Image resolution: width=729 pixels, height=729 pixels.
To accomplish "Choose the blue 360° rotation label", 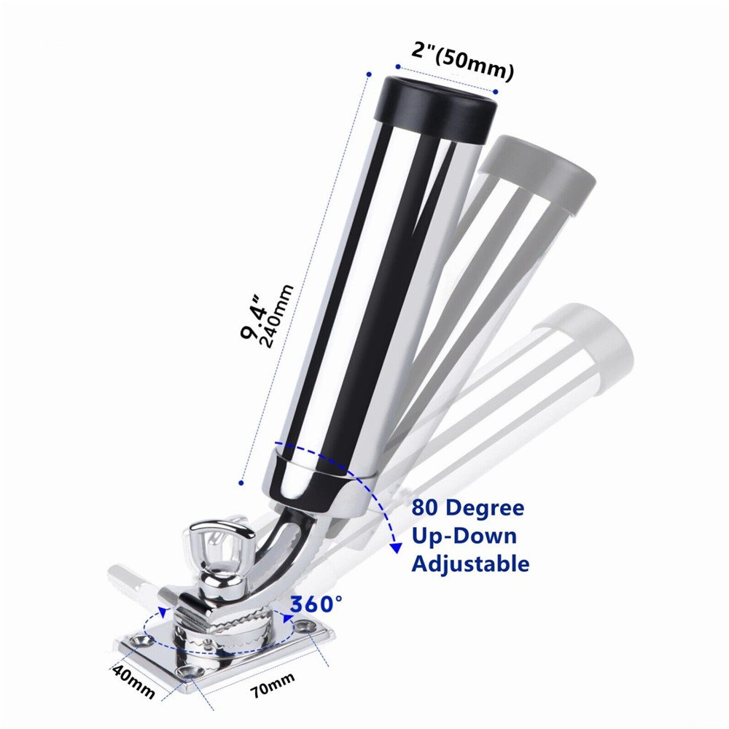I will [x=316, y=604].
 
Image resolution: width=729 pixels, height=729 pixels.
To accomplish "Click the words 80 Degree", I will [x=467, y=507].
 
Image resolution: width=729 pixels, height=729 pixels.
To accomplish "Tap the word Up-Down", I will [x=464, y=536].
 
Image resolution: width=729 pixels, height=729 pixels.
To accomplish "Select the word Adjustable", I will [x=470, y=564].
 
